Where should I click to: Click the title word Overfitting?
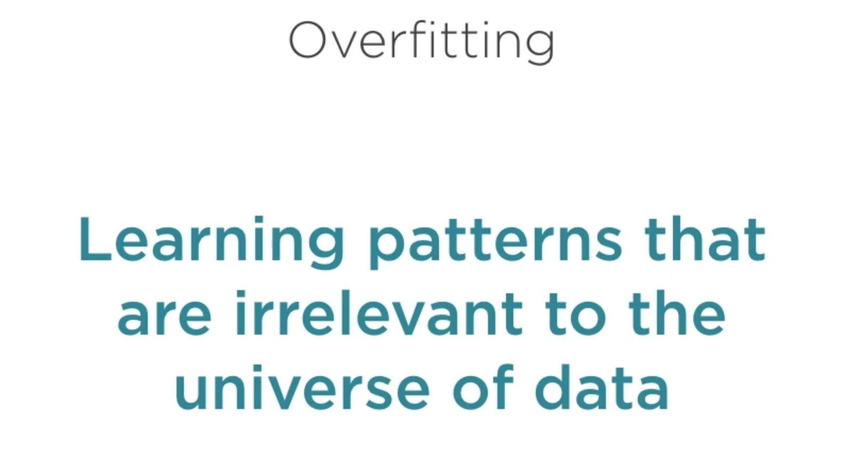click(x=422, y=42)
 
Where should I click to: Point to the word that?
click(x=705, y=239)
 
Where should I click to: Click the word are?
click(x=164, y=317)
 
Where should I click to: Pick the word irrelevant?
click(x=379, y=313)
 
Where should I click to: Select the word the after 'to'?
click(x=677, y=313)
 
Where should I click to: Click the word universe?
click(x=302, y=387)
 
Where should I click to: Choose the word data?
click(x=601, y=387)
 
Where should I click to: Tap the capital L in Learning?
click(x=96, y=239)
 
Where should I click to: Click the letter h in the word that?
click(x=691, y=239)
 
